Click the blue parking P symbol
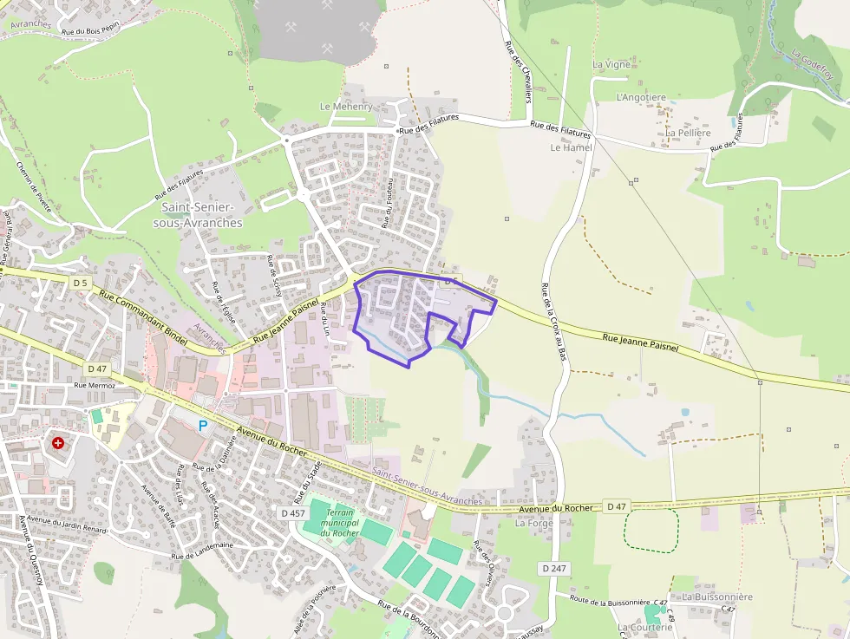coord(204,425)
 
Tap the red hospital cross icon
coord(58,442)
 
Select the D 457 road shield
coord(293,513)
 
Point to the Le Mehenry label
coord(346,107)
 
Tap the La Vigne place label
coord(611,65)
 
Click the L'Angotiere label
coord(641,98)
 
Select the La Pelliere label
coord(689,133)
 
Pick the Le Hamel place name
coord(571,147)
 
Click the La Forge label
coord(533,523)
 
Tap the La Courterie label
coord(644,627)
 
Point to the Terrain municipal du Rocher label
coord(339,522)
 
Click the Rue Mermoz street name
coord(95,385)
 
